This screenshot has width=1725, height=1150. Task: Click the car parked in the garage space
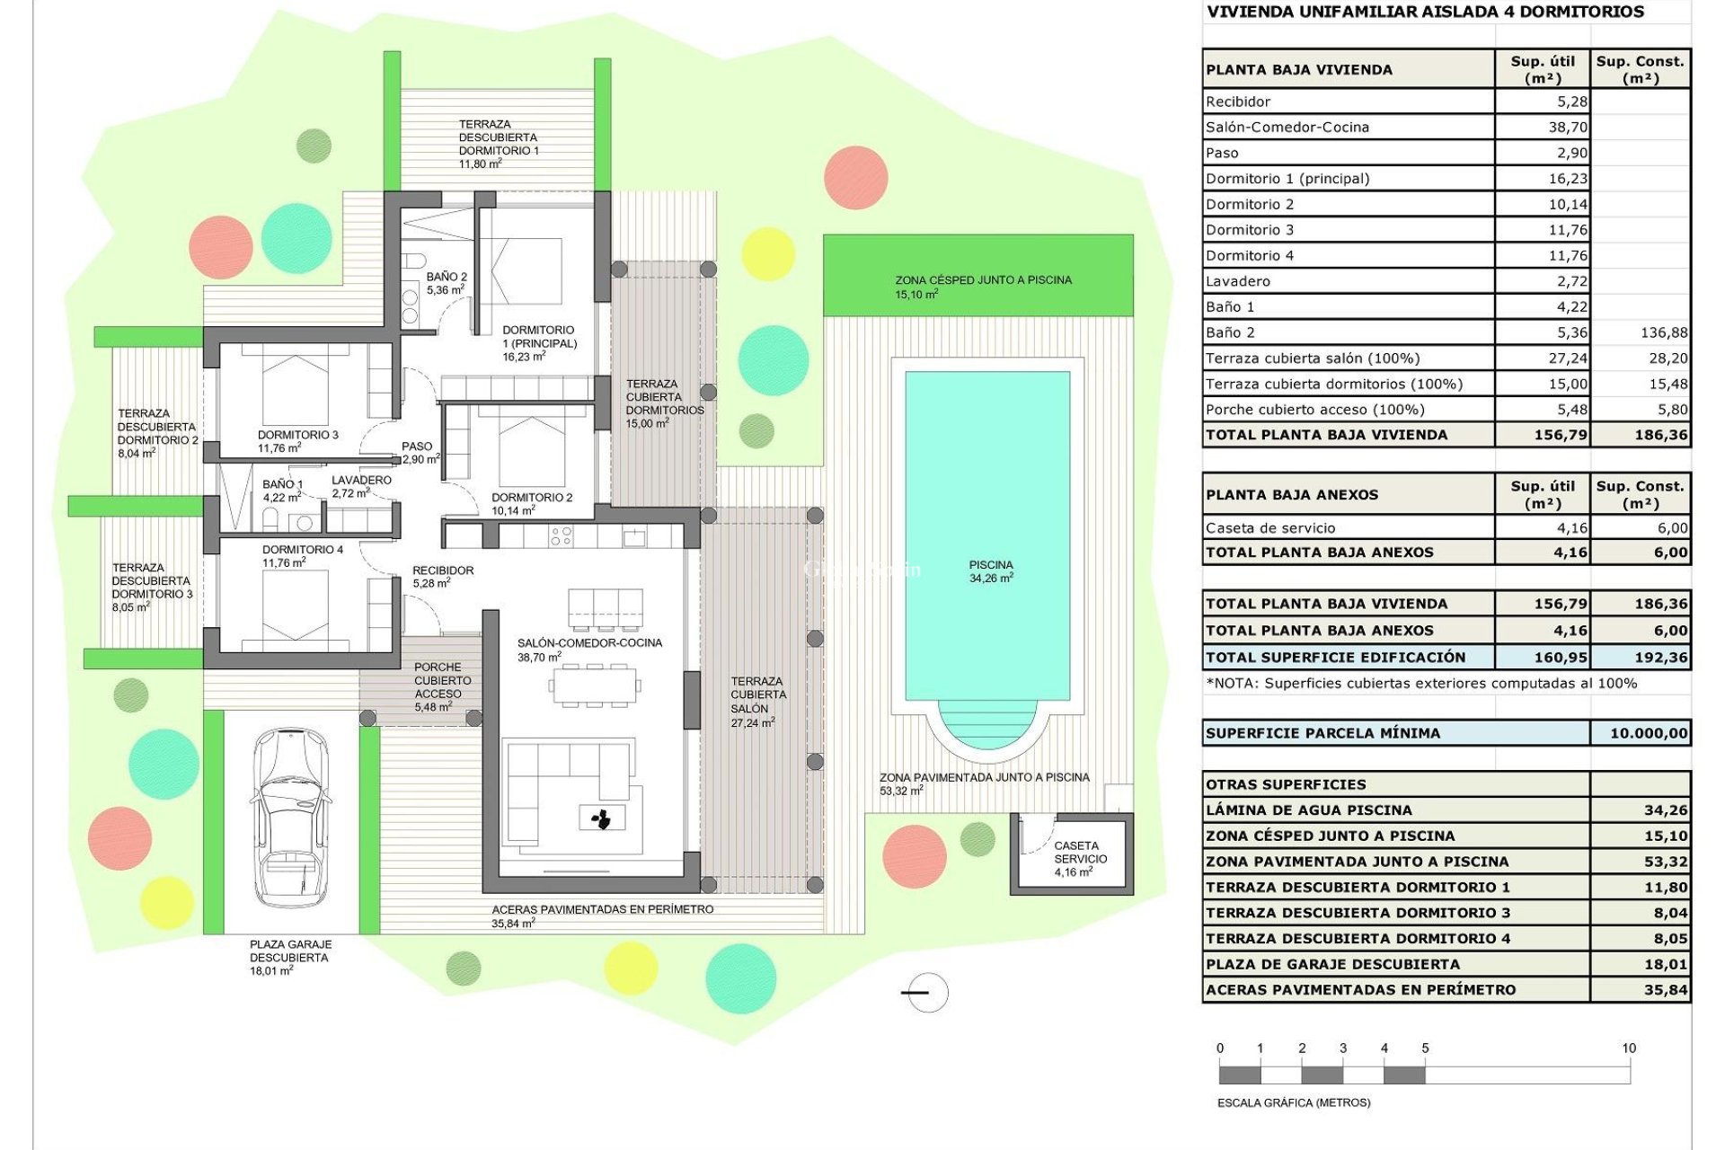tap(289, 818)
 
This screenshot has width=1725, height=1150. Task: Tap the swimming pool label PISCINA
tap(990, 565)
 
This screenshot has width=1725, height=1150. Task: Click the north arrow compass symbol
tap(924, 993)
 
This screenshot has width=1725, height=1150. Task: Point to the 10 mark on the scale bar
tap(1629, 1048)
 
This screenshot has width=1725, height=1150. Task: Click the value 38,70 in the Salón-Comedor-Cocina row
tap(1567, 128)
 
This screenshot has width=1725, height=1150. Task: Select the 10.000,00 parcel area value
tap(1648, 733)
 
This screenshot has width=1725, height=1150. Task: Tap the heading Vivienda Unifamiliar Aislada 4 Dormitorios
tap(1425, 12)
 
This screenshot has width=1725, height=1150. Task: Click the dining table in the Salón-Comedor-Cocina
tap(595, 686)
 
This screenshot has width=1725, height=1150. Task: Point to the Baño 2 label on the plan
tap(447, 278)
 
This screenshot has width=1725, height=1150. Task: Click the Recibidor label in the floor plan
tap(442, 571)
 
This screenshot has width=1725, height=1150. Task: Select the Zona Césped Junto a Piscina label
tap(983, 280)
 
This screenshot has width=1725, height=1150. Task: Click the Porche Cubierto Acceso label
tap(438, 681)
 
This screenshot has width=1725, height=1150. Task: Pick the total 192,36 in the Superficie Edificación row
tap(1660, 658)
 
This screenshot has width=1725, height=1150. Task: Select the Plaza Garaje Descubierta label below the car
tap(290, 951)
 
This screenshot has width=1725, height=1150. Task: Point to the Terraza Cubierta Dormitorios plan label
tap(664, 398)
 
